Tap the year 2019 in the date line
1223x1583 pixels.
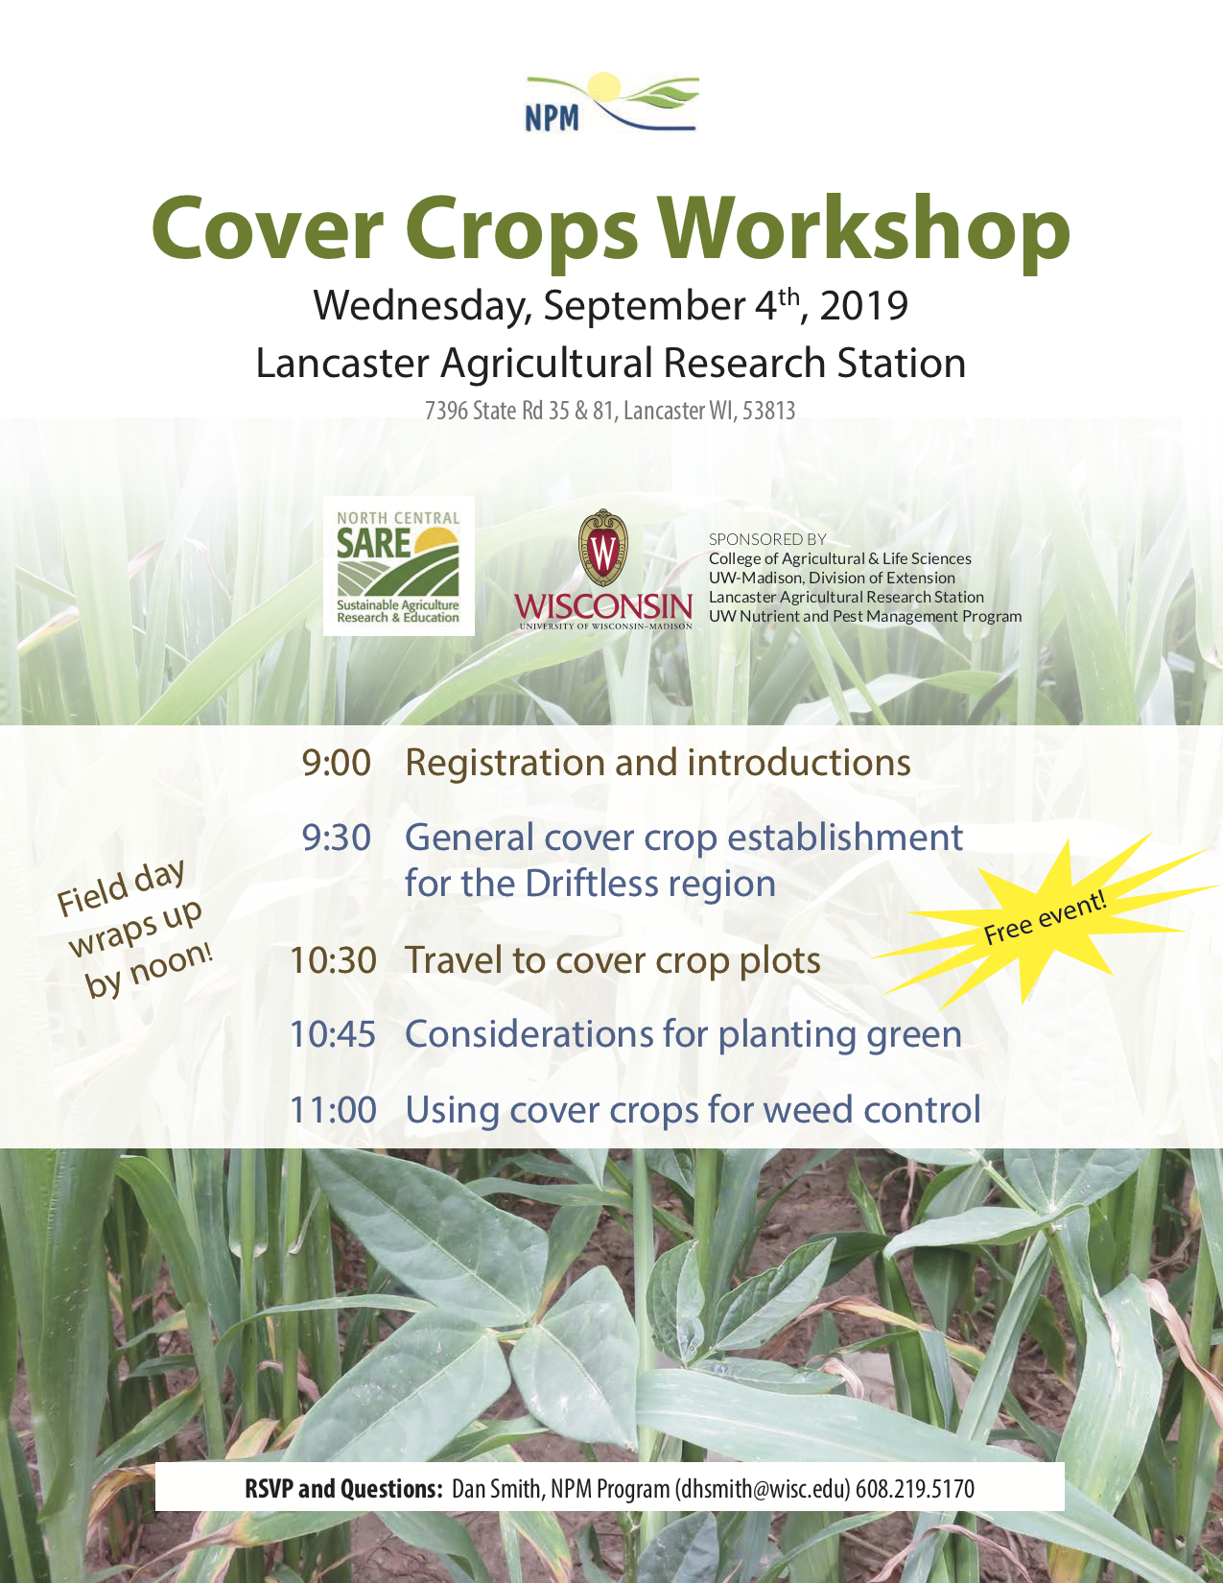pos(864,305)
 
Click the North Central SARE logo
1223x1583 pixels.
pos(398,566)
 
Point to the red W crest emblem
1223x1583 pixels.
pos(603,547)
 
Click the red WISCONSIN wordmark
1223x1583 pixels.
pos(604,606)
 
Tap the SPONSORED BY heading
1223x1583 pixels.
pos(767,539)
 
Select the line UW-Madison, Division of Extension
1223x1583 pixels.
pos(832,578)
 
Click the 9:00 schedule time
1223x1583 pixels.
pos(337,763)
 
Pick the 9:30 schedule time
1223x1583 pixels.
pos(337,838)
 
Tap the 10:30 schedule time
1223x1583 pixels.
pos(333,960)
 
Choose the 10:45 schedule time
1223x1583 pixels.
pos(333,1033)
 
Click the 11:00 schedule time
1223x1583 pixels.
pos(333,1109)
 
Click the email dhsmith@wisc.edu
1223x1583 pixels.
pos(763,1488)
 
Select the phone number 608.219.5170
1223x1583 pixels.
pos(915,1488)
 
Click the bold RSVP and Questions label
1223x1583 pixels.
pos(343,1488)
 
